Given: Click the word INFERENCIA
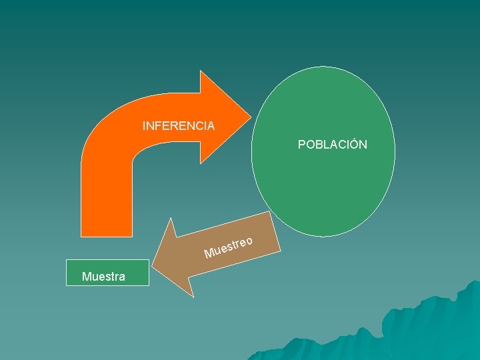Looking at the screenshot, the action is [178, 125].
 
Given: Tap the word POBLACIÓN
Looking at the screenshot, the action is [332, 145].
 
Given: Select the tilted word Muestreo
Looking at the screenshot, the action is [228, 247].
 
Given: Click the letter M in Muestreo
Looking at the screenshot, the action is [209, 253].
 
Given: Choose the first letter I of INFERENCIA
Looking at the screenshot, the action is [144, 125].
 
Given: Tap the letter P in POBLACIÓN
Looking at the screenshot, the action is [302, 145].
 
